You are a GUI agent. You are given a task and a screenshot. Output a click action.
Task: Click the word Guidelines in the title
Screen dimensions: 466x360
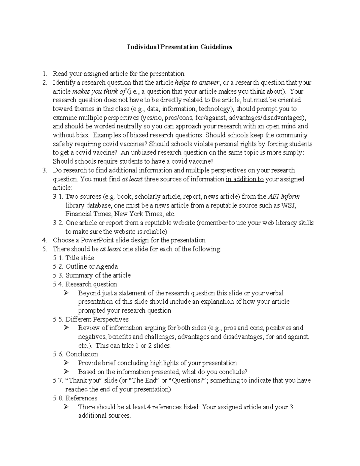(216, 47)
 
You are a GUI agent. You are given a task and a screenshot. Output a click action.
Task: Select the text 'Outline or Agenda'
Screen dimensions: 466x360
(92, 266)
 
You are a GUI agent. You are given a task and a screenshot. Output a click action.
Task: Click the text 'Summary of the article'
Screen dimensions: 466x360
(98, 275)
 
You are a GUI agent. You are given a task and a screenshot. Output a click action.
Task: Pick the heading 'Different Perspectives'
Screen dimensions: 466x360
(97, 319)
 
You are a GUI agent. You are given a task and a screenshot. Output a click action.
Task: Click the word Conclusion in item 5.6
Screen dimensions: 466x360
(82, 354)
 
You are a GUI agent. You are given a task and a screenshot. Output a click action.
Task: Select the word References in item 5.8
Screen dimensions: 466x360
(81, 398)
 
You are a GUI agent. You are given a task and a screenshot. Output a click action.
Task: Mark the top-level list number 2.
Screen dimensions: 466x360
(45, 83)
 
